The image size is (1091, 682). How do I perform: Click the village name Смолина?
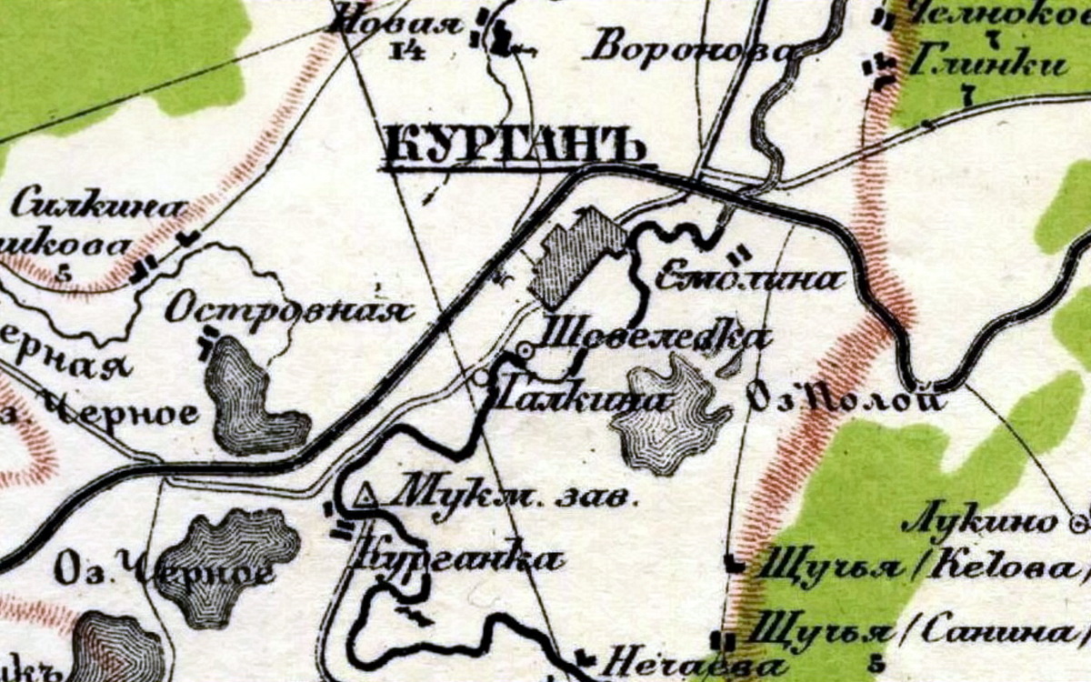[747, 279]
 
